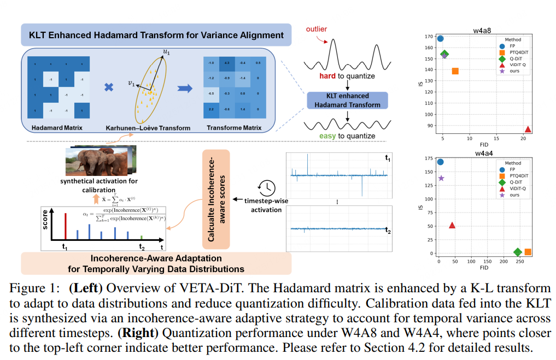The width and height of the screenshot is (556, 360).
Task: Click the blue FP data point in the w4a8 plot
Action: tap(441, 39)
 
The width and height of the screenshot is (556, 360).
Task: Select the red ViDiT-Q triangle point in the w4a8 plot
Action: tap(528, 129)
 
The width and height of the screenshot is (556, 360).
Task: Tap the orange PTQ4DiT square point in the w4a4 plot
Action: tap(528, 252)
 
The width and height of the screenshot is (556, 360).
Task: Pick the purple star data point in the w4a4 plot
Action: tap(441, 178)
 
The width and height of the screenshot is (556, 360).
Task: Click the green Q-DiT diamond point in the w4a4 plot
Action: tap(518, 252)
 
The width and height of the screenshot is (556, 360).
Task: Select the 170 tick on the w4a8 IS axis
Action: tap(429, 37)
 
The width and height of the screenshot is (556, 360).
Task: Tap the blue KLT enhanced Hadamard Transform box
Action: tap(347, 101)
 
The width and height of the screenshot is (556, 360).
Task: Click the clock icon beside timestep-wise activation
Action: tap(267, 187)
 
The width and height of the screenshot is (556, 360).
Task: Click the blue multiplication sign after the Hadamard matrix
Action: tap(109, 87)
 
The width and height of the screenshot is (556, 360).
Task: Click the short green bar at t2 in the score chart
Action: tap(142, 237)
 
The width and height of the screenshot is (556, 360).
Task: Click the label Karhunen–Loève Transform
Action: tap(149, 128)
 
